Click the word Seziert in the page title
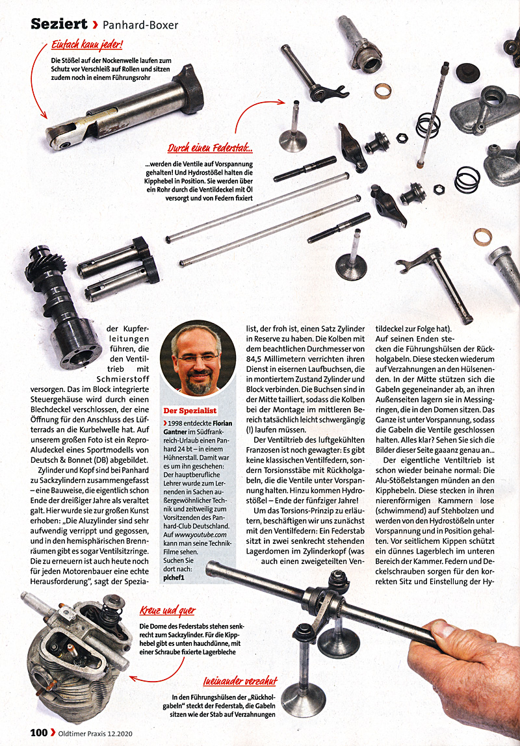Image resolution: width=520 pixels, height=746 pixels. (59, 25)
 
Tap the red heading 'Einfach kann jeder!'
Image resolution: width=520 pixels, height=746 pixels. (87, 46)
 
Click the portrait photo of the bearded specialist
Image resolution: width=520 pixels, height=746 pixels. (199, 359)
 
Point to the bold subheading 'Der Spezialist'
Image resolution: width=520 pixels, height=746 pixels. (189, 411)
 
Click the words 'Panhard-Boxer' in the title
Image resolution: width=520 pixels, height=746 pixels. (141, 25)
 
